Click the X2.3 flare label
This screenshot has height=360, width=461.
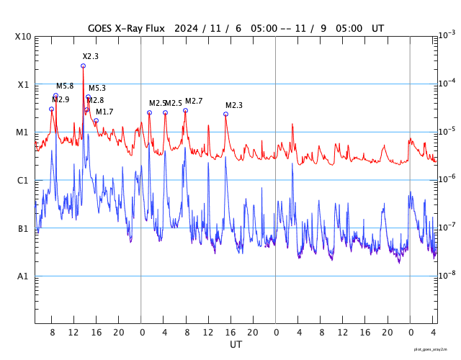point(90,56)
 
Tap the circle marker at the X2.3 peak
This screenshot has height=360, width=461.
point(83,66)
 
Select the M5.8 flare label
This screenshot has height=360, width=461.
point(65,86)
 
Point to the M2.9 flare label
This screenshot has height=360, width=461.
point(61,99)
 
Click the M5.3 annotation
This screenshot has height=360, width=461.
point(97,88)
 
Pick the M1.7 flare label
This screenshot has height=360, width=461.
point(104,112)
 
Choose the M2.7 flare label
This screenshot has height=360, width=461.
point(194,101)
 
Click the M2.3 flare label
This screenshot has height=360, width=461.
point(234,105)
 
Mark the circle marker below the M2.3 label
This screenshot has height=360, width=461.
point(225,114)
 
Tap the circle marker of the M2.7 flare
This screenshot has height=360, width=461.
point(185,110)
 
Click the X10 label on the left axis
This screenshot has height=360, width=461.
point(23,37)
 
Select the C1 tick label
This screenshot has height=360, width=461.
point(23,181)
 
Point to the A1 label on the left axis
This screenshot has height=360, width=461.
point(23,276)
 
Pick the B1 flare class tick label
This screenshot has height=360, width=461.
point(23,229)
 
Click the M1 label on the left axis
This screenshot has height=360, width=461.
point(23,132)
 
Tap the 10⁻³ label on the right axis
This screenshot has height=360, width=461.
point(447,35)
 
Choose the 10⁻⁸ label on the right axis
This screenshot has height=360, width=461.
point(447,275)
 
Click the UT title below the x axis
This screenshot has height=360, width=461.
point(236,345)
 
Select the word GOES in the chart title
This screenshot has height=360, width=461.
point(102,28)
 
